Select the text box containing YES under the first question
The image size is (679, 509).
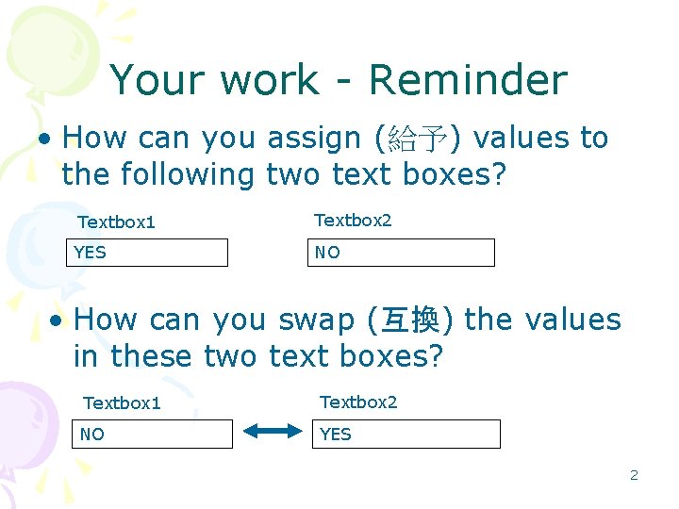tap(147, 253)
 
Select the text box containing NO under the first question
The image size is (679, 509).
tap(401, 253)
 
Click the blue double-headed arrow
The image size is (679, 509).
tap(272, 432)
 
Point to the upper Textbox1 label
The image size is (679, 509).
tap(116, 222)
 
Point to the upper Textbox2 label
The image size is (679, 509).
tap(353, 220)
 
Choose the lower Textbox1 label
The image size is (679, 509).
tap(123, 403)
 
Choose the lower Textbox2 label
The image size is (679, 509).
tap(359, 402)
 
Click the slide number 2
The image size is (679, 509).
tap(634, 475)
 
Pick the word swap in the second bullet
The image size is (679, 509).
tap(316, 320)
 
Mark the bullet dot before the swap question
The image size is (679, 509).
tap(58, 321)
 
